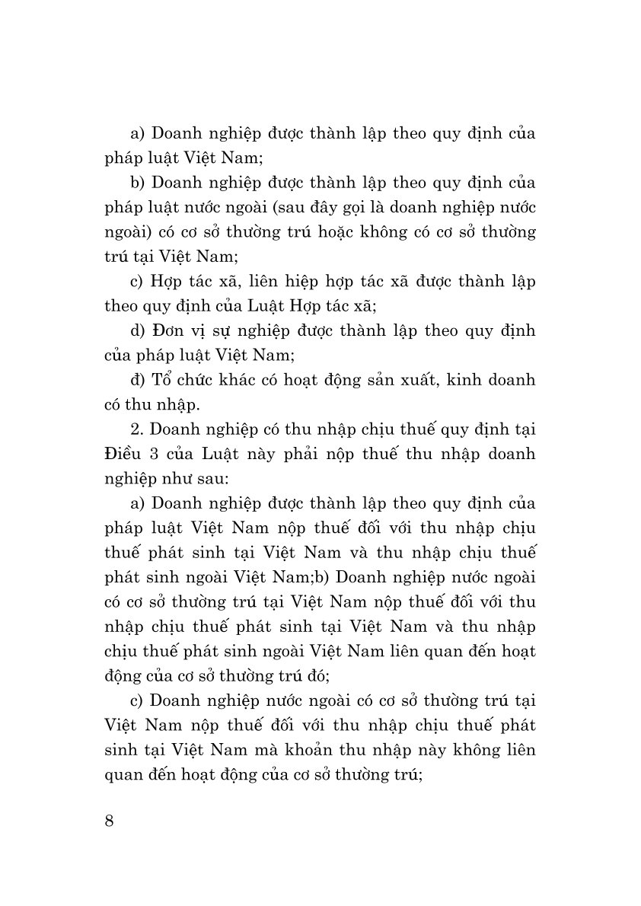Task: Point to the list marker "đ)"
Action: pyautogui.click(x=139, y=380)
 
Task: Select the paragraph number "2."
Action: pyautogui.click(x=138, y=429)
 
